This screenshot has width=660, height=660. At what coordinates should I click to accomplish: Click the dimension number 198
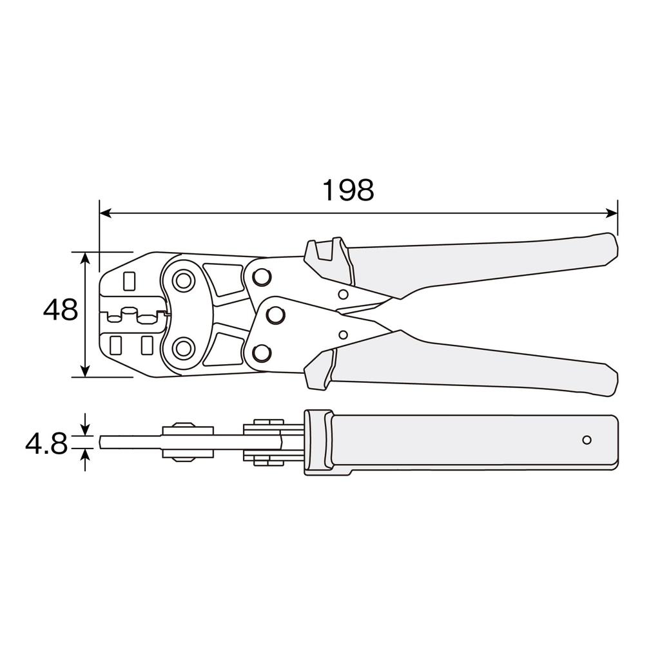pos(348,190)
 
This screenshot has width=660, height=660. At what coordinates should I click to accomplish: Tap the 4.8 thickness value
pos(46,444)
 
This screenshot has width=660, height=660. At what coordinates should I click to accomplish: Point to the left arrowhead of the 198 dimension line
pos(105,213)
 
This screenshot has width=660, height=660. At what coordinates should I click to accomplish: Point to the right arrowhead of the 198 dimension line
pos(612,213)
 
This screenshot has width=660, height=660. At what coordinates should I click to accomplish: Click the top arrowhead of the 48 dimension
pos(86,258)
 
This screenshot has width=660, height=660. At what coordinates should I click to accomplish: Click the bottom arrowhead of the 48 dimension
pos(86,371)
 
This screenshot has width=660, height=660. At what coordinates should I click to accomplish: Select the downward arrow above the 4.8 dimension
pos(86,425)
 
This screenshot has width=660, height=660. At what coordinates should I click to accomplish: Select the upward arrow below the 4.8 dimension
pos(86,460)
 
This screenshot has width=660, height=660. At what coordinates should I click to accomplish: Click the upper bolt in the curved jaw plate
pos(183,280)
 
